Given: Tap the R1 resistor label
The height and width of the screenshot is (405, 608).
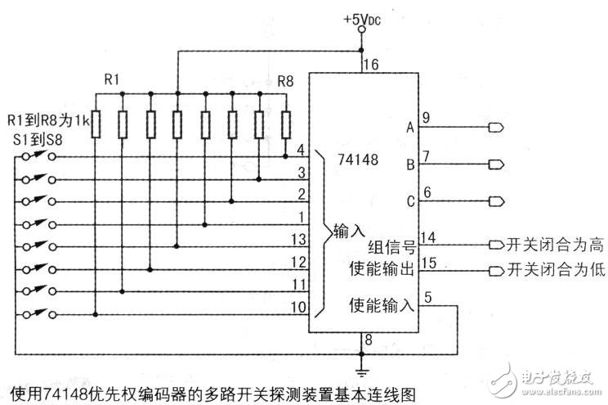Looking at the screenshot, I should coord(112,80).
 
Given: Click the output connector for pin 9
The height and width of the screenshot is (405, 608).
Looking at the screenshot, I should coord(495,127).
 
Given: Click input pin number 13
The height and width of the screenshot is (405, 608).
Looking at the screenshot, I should coord(299,239).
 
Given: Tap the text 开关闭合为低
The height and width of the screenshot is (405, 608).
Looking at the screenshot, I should coord(555,270).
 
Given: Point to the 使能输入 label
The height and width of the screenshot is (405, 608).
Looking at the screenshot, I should coord(382,307).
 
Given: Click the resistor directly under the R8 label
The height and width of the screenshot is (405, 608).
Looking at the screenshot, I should coord(285,124).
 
